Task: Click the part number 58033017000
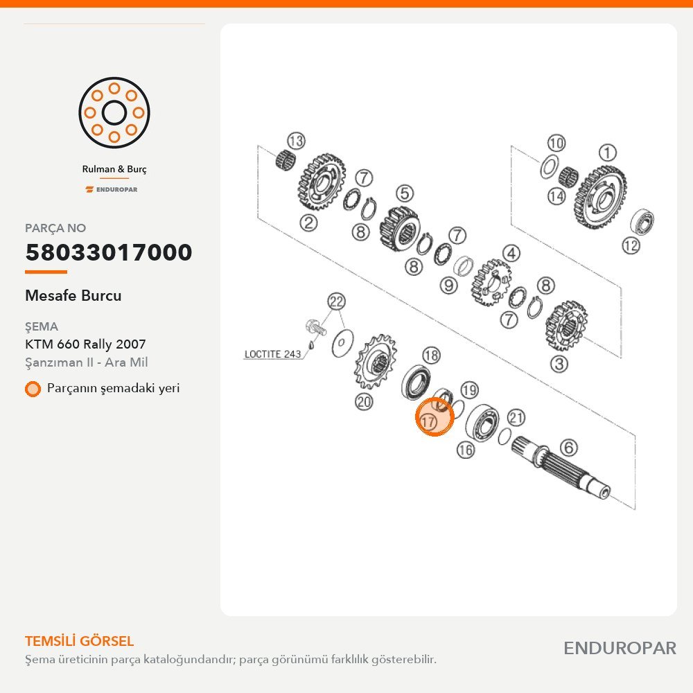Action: click(109, 252)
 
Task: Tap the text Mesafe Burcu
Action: click(73, 295)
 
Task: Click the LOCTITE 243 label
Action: click(272, 354)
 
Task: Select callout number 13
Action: click(296, 141)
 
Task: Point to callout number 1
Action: click(607, 153)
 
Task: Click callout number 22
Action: click(336, 301)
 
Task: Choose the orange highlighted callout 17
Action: click(435, 416)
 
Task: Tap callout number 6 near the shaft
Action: click(569, 448)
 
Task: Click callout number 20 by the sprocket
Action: click(364, 402)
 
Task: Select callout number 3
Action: click(559, 365)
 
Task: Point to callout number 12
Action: click(631, 245)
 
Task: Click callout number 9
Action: click(448, 285)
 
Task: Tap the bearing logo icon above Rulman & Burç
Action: click(114, 113)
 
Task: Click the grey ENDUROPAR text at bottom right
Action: click(620, 649)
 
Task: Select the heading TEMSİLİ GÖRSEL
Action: click(80, 641)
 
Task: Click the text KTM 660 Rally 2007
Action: click(85, 344)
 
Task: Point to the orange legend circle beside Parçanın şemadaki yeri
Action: click(33, 389)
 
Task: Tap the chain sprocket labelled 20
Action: click(375, 362)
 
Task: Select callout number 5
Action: click(405, 193)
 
